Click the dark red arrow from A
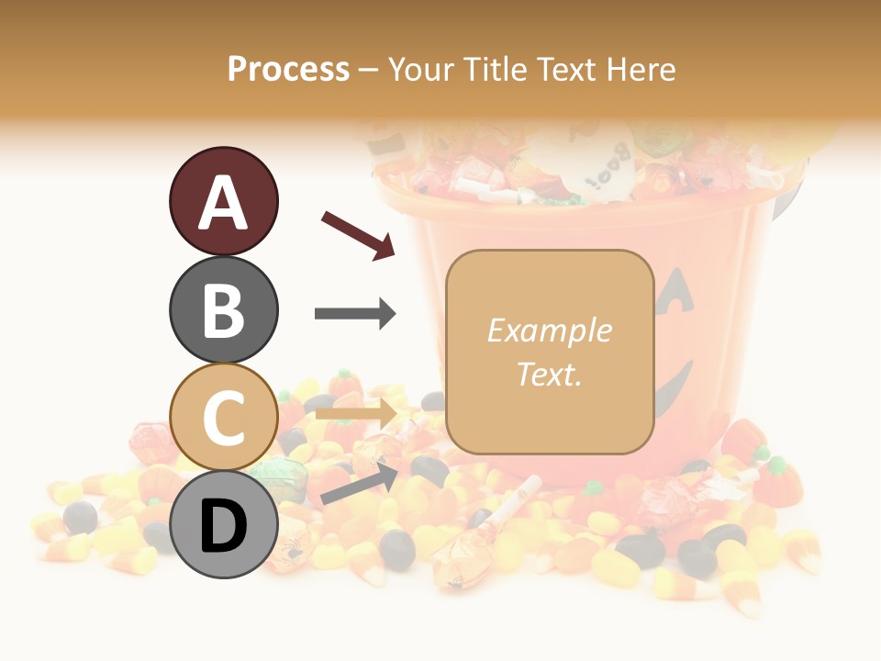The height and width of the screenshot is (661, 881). pyautogui.click(x=358, y=234)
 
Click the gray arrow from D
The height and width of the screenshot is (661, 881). pyautogui.click(x=359, y=484)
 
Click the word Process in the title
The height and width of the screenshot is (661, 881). pyautogui.click(x=288, y=70)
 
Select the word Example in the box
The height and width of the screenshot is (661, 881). pyautogui.click(x=549, y=330)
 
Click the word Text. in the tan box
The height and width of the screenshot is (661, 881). pyautogui.click(x=549, y=374)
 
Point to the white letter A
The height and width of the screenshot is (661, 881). pyautogui.click(x=223, y=203)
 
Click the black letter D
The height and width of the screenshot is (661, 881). pyautogui.click(x=223, y=526)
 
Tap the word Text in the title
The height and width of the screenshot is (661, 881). pyautogui.click(x=566, y=70)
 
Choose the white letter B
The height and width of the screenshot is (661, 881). pyautogui.click(x=223, y=309)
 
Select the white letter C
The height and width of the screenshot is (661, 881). pyautogui.click(x=223, y=418)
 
